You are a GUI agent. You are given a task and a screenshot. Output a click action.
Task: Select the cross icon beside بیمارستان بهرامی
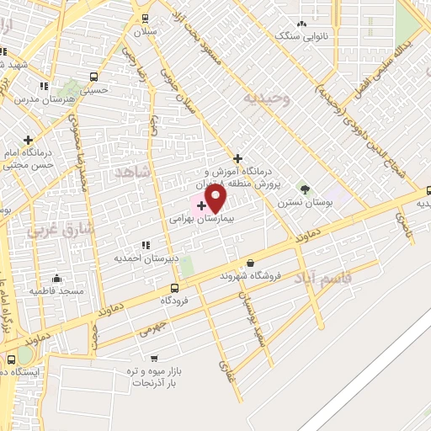[x=202, y=205]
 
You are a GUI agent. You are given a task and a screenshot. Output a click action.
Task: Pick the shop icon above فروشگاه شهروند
[x=250, y=263]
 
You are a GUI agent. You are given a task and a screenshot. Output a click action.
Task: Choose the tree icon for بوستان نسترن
[x=304, y=190]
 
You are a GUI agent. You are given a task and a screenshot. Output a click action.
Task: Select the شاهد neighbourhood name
[x=135, y=172]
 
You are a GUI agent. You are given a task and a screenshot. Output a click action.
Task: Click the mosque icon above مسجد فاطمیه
[x=56, y=278]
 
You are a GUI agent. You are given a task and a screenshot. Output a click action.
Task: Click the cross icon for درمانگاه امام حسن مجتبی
[x=29, y=140]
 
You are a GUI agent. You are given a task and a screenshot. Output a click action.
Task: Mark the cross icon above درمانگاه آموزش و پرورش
[x=238, y=157]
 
